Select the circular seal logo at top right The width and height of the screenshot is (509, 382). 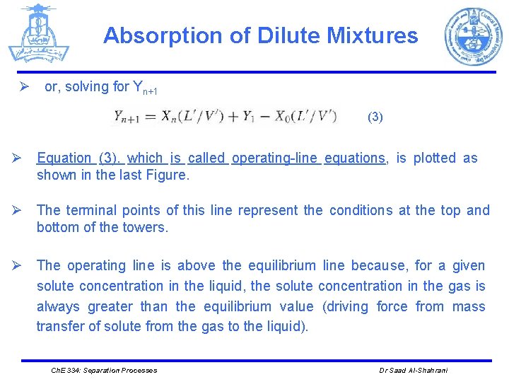click(x=473, y=37)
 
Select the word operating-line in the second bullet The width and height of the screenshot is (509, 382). click(x=276, y=158)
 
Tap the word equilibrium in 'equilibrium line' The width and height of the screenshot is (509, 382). click(x=281, y=266)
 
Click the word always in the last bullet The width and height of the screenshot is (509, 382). click(x=58, y=307)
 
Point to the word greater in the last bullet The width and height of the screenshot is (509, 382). click(x=110, y=307)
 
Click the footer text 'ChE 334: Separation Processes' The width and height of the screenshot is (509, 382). click(x=105, y=370)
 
